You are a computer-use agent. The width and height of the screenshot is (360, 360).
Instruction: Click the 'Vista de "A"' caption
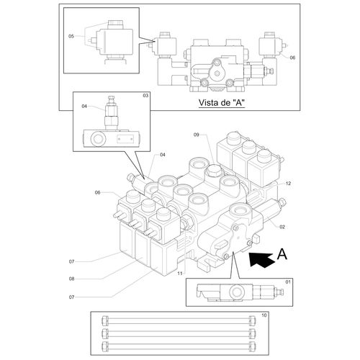pyautogui.click(x=222, y=103)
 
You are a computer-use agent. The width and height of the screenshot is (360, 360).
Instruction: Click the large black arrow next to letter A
pyautogui.click(x=261, y=260)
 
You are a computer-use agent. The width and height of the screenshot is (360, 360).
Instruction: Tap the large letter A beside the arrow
pyautogui.click(x=282, y=254)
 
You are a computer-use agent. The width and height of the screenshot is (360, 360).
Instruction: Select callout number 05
pyautogui.click(x=71, y=36)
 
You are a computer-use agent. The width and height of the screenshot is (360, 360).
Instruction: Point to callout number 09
pyautogui.click(x=197, y=135)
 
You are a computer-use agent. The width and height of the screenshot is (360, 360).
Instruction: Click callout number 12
pyautogui.click(x=288, y=184)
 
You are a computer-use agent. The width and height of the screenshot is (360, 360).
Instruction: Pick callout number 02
pyautogui.click(x=282, y=227)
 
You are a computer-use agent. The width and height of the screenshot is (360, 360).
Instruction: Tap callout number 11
pyautogui.click(x=180, y=274)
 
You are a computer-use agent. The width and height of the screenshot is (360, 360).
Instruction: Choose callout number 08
pyautogui.click(x=71, y=279)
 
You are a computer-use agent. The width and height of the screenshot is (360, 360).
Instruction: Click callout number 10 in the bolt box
pyautogui.click(x=264, y=315)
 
